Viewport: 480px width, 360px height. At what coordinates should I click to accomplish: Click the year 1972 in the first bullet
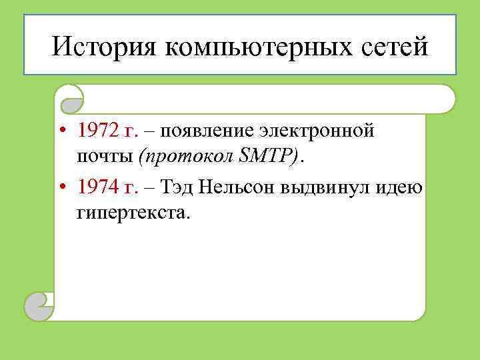click(97, 131)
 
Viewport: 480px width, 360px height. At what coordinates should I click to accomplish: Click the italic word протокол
click(181, 156)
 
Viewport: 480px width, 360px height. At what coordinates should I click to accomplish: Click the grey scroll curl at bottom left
click(39, 307)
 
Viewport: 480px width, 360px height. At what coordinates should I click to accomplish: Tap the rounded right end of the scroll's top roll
click(445, 99)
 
